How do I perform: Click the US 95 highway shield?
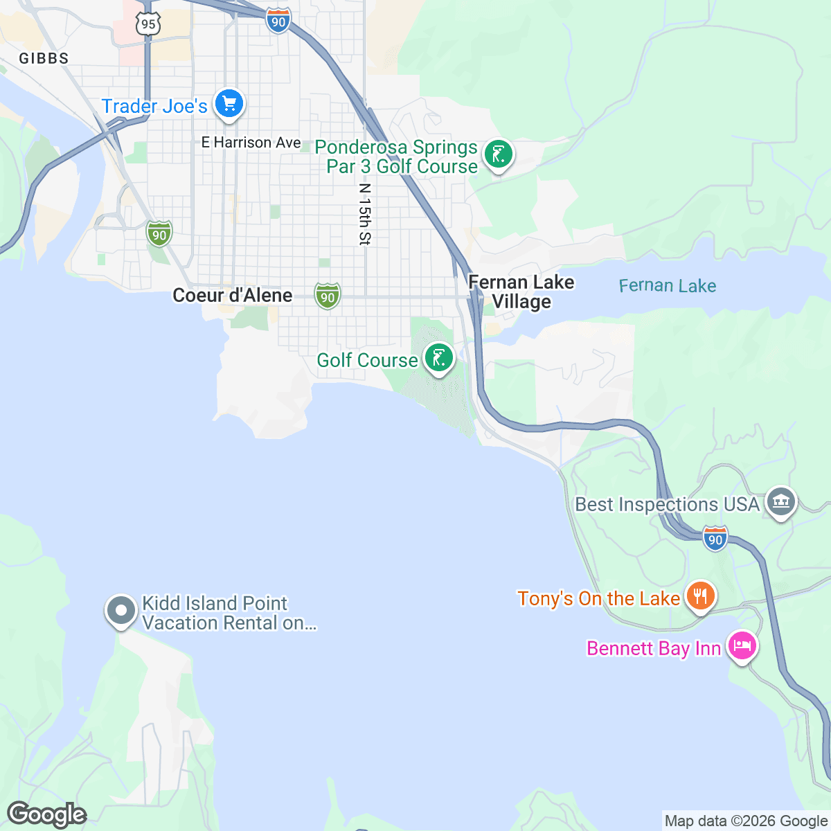[148, 24]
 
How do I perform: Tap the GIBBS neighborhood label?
[44, 58]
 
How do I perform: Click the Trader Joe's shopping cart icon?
[229, 105]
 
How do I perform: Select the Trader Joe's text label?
[154, 106]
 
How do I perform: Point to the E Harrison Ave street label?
[251, 143]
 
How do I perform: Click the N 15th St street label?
[365, 214]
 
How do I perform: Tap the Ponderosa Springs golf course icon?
[498, 154]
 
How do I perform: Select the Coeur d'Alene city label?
[232, 296]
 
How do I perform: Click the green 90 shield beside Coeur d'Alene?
[327, 296]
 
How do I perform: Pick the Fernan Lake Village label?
[521, 292]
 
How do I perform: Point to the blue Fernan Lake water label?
[667, 285]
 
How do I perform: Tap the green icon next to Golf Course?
[438, 358]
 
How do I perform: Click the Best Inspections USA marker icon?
[781, 502]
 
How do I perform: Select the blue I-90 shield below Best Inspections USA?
[715, 539]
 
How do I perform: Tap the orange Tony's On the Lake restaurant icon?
[700, 596]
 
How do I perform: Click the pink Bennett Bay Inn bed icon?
[742, 646]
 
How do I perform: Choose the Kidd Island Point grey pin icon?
[121, 611]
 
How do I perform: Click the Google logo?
[46, 814]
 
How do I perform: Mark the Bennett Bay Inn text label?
[654, 648]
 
